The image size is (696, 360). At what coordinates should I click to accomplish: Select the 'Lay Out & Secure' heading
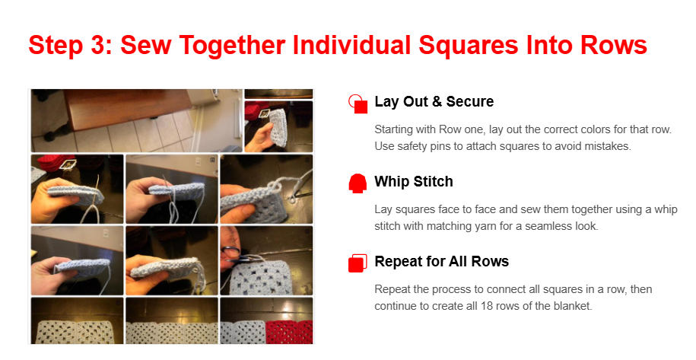[x=434, y=101]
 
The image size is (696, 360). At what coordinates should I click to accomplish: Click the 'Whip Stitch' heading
[x=414, y=181]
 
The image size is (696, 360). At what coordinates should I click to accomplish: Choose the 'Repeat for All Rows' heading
[x=442, y=261]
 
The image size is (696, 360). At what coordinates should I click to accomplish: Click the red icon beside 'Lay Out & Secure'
[x=358, y=104]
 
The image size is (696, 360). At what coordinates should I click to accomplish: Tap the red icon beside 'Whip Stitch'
[x=358, y=183]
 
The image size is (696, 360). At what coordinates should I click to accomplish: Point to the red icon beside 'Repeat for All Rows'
[x=358, y=263]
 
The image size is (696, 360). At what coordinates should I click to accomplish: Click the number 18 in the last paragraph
[x=487, y=306]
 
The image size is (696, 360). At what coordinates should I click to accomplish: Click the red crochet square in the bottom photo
[x=289, y=332]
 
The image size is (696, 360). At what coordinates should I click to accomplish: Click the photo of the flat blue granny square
[x=266, y=261]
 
